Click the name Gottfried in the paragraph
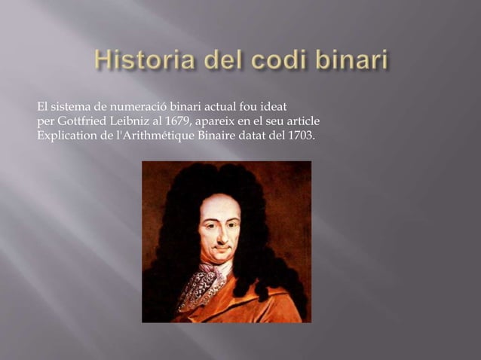tap(81, 121)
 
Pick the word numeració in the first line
tap(139, 108)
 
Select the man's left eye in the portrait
tap(230, 224)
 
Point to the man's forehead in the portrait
tap(219, 206)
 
